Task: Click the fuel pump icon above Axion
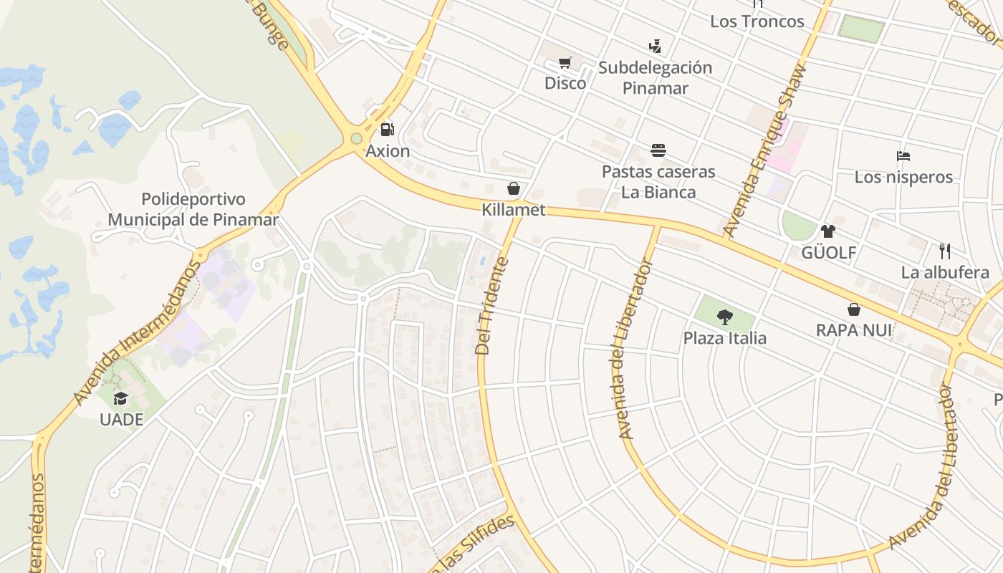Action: pyautogui.click(x=387, y=130)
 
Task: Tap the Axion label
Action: pyautogui.click(x=388, y=151)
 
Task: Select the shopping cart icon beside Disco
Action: pyautogui.click(x=565, y=62)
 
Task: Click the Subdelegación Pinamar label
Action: pyautogui.click(x=655, y=78)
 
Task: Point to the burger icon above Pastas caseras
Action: pyautogui.click(x=658, y=150)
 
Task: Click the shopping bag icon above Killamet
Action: pyautogui.click(x=514, y=188)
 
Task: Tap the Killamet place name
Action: pyautogui.click(x=514, y=210)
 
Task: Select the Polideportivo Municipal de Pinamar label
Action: pyautogui.click(x=193, y=209)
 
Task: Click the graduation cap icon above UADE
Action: pyautogui.click(x=120, y=398)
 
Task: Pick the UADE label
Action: pyautogui.click(x=121, y=420)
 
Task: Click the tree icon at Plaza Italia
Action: pyautogui.click(x=725, y=317)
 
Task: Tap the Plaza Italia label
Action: pyautogui.click(x=725, y=338)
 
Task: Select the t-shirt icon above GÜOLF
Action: pyautogui.click(x=828, y=231)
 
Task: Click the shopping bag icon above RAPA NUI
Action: pyautogui.click(x=854, y=309)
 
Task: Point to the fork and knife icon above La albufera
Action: pyautogui.click(x=945, y=251)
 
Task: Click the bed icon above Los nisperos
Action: pyautogui.click(x=903, y=155)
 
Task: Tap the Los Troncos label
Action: pyautogui.click(x=757, y=21)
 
